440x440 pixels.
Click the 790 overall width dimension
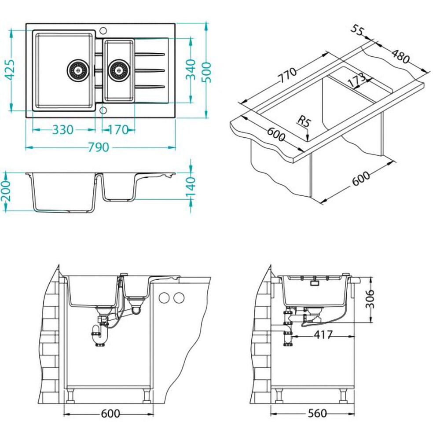click(99, 147)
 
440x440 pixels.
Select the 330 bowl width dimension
click(63, 130)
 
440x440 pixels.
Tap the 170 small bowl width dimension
click(118, 130)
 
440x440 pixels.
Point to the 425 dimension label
click(11, 70)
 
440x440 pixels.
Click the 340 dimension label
click(191, 70)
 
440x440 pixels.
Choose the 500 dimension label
click(206, 73)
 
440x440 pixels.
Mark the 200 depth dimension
click(6, 191)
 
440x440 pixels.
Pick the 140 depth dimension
click(191, 187)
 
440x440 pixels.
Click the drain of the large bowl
click(78, 70)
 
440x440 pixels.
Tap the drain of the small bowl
click(119, 70)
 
